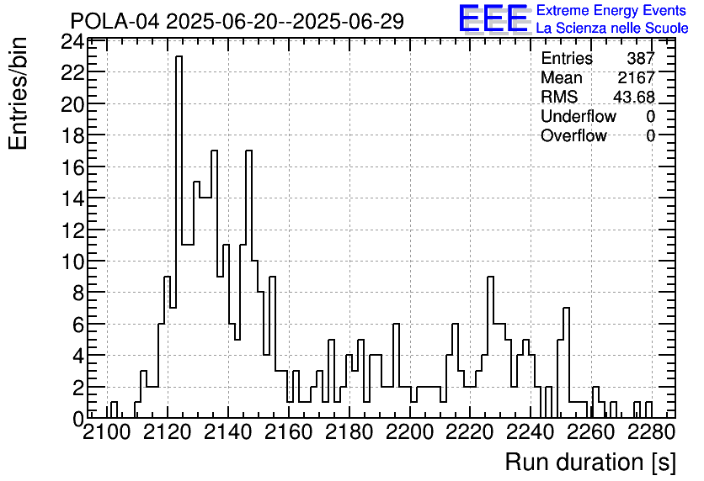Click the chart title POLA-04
click(x=115, y=21)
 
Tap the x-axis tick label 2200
click(x=410, y=432)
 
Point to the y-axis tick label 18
click(x=72, y=135)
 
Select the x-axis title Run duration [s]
click(x=590, y=462)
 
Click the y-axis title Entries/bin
click(x=18, y=93)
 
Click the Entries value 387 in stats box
click(x=641, y=58)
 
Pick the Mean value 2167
click(x=636, y=77)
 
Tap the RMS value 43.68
click(x=634, y=97)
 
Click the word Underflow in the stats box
click(x=579, y=116)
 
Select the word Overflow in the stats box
click(x=573, y=135)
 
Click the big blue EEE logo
click(x=493, y=18)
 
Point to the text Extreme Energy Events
click(x=611, y=10)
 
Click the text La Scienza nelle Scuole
click(x=612, y=29)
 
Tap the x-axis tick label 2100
click(x=107, y=432)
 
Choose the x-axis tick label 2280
click(x=652, y=432)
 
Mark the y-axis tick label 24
click(x=72, y=42)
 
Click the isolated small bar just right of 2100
click(x=114, y=410)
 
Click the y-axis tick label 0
click(x=78, y=420)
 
